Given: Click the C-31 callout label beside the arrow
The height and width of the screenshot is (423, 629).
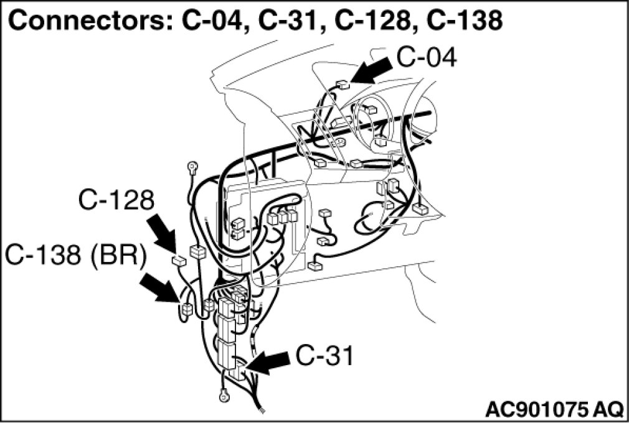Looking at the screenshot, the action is (x=324, y=357).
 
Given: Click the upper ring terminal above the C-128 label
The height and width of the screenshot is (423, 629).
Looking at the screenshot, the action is (x=192, y=167).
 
